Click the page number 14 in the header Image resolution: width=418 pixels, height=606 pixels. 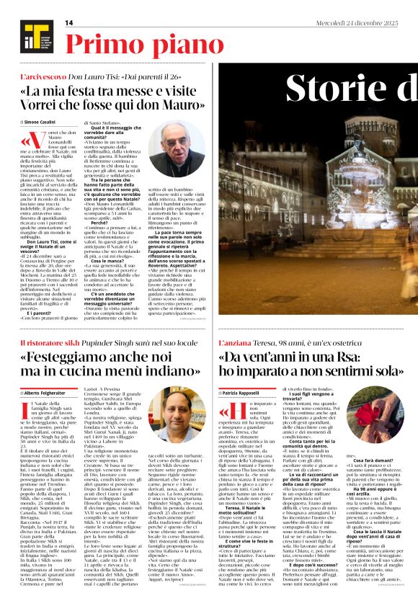(x=69, y=23)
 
